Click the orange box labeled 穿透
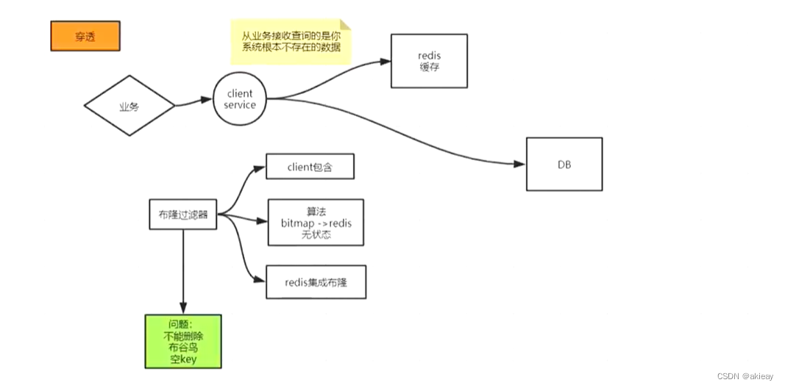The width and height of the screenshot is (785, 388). [85, 36]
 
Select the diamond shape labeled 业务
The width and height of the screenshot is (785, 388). [129, 106]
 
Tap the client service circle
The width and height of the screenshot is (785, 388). [240, 99]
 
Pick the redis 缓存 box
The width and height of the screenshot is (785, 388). [430, 61]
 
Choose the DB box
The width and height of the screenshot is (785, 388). [564, 165]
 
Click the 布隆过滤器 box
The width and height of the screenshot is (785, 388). [182, 215]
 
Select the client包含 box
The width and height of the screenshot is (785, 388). [310, 167]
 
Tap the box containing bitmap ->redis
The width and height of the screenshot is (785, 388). [316, 222]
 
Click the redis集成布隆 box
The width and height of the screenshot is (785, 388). [316, 281]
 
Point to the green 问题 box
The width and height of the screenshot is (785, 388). [183, 341]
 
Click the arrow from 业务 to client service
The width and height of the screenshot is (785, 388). [193, 102]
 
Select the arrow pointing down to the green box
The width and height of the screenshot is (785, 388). [182, 272]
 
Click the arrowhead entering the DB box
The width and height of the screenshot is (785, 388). [521, 164]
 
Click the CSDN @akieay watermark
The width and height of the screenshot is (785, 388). [745, 376]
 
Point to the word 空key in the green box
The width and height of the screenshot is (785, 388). [183, 359]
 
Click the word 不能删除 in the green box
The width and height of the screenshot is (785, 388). [183, 335]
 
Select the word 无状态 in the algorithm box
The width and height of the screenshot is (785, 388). [316, 234]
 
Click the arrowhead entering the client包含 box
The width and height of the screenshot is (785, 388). [260, 168]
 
